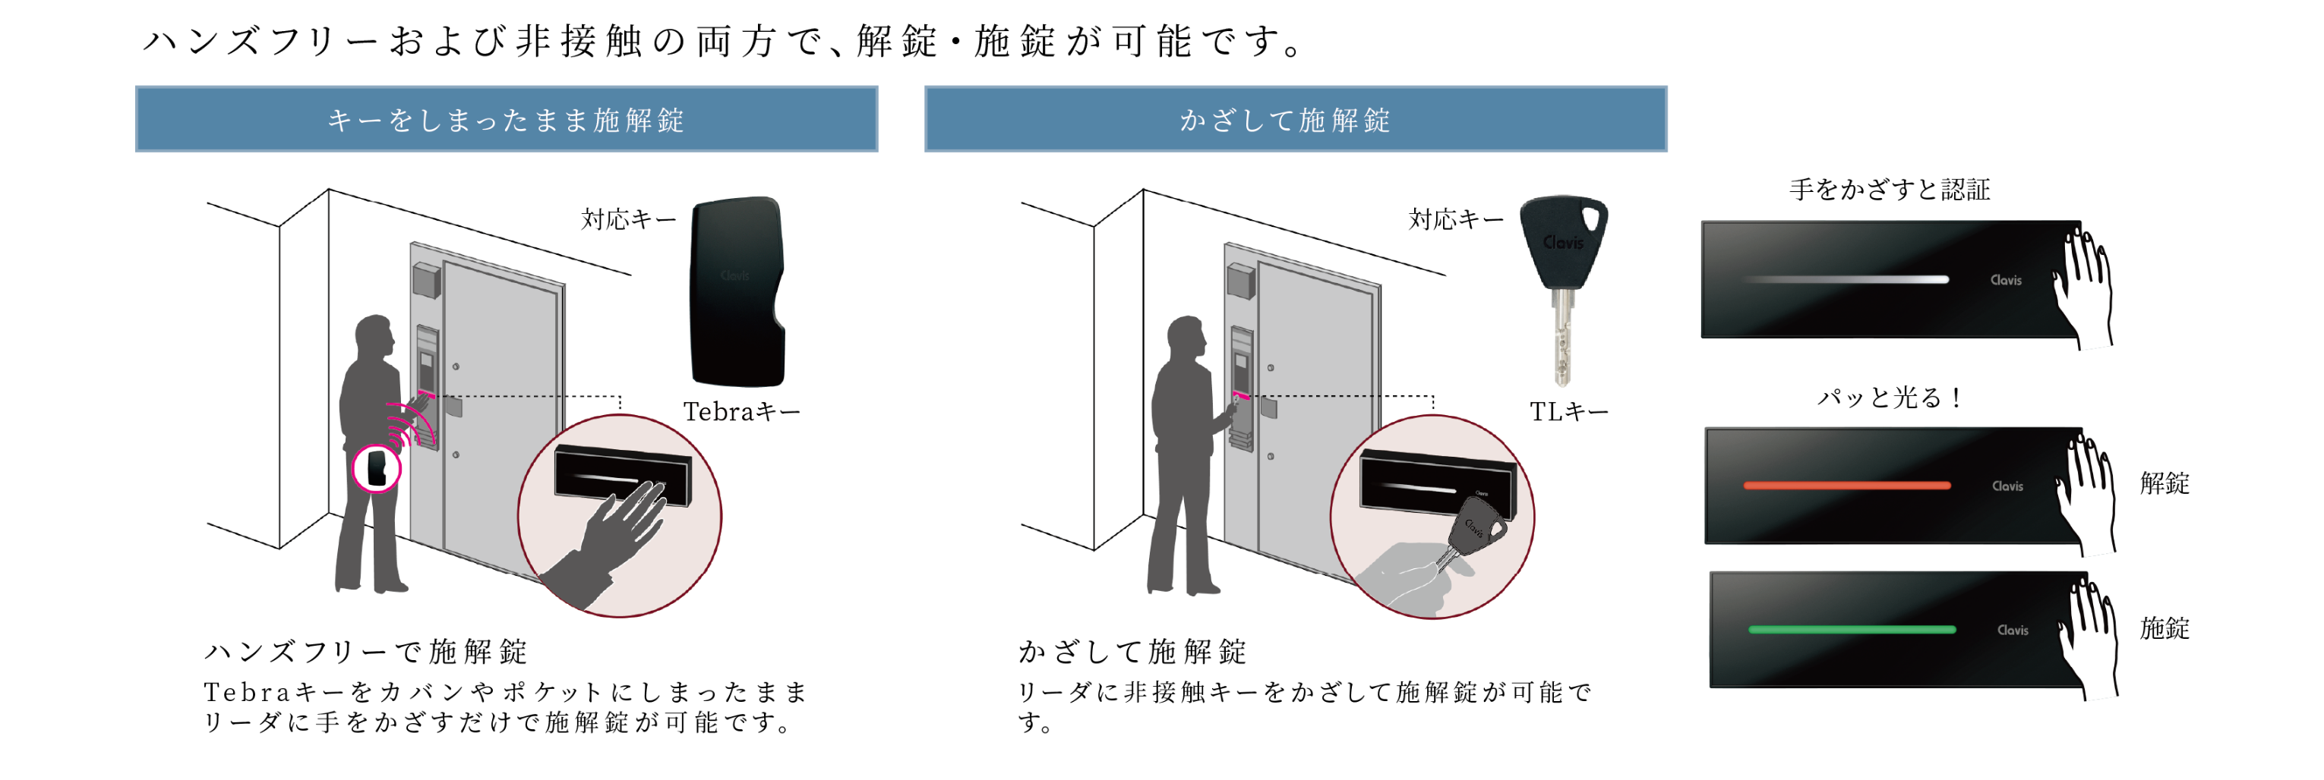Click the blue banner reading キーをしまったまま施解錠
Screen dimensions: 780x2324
point(506,119)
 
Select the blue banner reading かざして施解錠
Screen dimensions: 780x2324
point(1295,119)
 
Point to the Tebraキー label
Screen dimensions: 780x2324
point(740,412)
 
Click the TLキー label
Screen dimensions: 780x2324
point(1568,412)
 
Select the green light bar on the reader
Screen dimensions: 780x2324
point(1852,630)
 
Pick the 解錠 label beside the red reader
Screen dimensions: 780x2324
point(2165,483)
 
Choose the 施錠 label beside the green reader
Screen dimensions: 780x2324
point(2165,627)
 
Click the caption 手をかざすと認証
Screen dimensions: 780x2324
point(1889,190)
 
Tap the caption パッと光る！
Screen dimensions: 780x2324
point(1889,398)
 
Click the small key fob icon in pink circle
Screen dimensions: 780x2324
point(376,468)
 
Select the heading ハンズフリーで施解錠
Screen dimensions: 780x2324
point(366,651)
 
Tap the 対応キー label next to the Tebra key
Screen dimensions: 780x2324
point(628,219)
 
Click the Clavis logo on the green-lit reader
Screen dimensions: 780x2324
point(2012,631)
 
